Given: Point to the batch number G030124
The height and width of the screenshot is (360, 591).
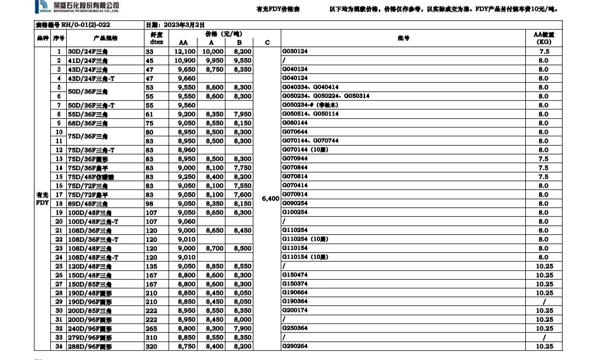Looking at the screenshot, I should (295, 51).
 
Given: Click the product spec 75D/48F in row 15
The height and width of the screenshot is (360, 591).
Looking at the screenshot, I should (88, 177).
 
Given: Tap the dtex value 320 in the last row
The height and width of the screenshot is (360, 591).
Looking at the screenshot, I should (151, 346).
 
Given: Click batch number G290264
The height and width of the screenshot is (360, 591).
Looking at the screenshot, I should (295, 346).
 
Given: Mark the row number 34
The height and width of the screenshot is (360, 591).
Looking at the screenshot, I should (59, 346).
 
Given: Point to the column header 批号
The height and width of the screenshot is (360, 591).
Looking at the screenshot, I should (404, 38).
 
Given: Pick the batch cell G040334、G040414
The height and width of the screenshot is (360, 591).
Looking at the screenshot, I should (310, 87).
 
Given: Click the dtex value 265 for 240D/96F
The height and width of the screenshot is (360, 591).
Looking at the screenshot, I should (151, 328).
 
